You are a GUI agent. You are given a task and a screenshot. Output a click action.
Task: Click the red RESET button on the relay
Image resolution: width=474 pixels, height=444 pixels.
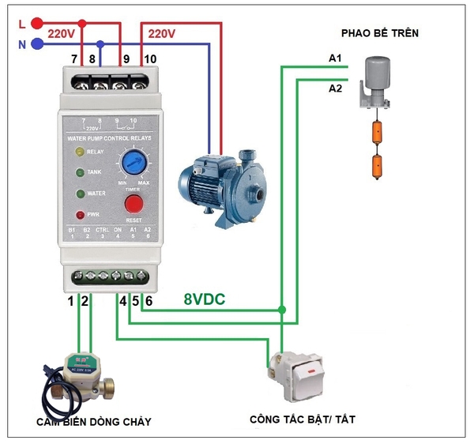coord(134,205)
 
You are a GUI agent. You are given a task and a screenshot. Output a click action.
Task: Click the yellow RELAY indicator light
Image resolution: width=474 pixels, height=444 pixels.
coord(79,151)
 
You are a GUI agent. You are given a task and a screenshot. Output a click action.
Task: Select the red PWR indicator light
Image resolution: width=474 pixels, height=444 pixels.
coord(79,214)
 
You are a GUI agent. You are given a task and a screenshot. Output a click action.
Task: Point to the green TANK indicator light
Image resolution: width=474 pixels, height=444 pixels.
coord(79,171)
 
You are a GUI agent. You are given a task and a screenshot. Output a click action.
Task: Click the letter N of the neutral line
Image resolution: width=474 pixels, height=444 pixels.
coord(21,44)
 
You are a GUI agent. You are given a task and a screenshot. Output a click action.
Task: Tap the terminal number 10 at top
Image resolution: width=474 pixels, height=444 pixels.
coord(150,59)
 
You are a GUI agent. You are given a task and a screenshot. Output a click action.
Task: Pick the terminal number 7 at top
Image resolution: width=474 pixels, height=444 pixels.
coord(74,59)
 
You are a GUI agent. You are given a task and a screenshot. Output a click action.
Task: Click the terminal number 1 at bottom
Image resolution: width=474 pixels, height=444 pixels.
coord(70,300)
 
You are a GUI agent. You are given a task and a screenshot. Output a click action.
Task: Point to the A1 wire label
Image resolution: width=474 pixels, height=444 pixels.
coord(335,59)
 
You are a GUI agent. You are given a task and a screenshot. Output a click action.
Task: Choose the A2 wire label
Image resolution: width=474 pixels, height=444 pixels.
coord(335,88)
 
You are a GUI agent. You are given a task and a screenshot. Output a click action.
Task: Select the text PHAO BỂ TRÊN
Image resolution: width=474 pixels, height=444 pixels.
coord(379,33)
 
